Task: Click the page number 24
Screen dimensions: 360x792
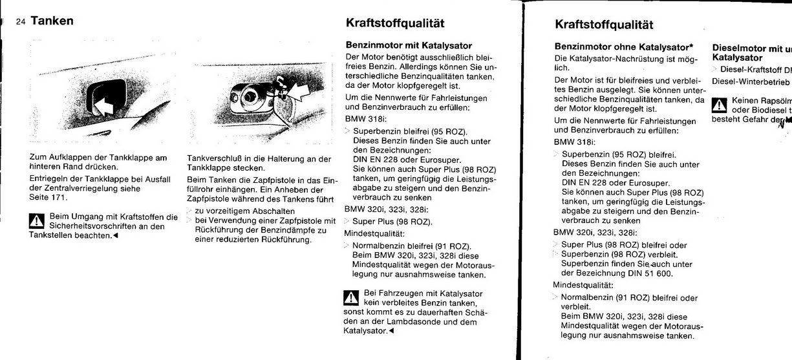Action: coord(21,22)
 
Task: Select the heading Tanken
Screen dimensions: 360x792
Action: coord(51,21)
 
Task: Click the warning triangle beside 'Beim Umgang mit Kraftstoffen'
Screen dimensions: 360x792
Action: coord(38,220)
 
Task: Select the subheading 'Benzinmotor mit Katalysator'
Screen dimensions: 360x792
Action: coord(409,46)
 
